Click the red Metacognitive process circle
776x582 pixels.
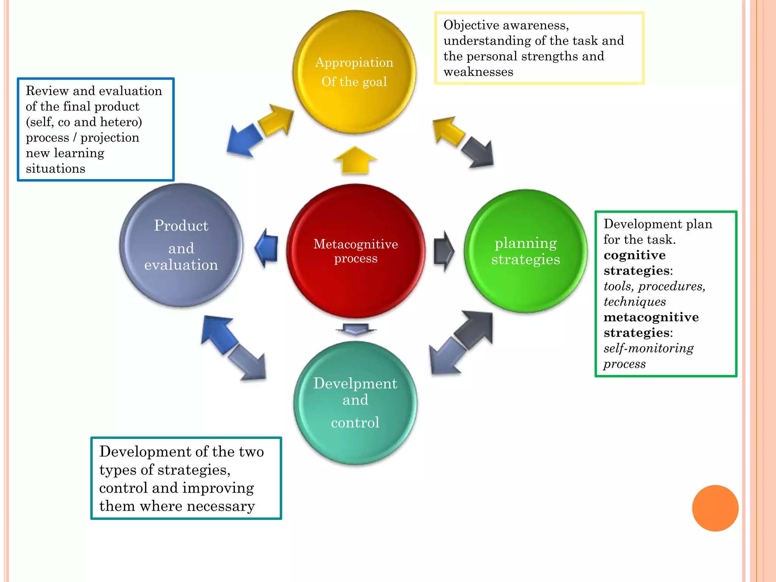[x=355, y=251]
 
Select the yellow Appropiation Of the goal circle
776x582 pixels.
[x=354, y=72]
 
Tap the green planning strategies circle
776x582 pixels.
[x=526, y=251]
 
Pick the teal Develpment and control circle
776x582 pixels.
[x=355, y=402]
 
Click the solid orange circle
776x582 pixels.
[x=715, y=508]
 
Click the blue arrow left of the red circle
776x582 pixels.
[x=267, y=248]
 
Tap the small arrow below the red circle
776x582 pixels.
[x=355, y=329]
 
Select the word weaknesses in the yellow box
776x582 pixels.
[x=478, y=72]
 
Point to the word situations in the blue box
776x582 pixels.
[x=55, y=169]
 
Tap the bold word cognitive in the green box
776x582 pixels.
[x=634, y=255]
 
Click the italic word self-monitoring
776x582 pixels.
[x=648, y=348]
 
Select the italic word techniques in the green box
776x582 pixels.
[x=634, y=302]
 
